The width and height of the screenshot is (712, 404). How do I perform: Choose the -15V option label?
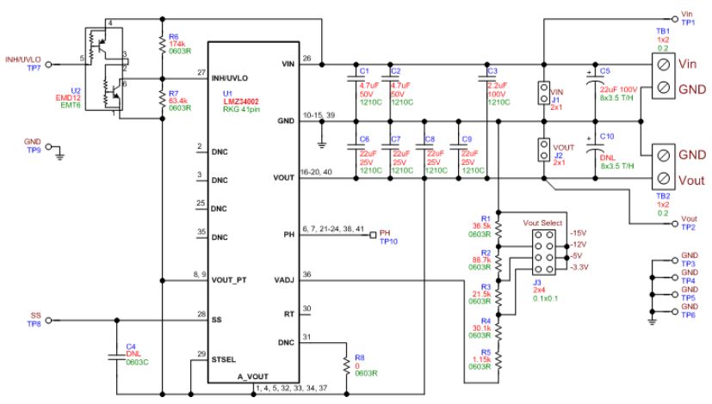click(x=579, y=234)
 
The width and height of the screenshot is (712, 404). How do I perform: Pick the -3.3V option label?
click(x=582, y=267)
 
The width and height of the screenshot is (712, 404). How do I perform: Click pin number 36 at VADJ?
click(x=308, y=275)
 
